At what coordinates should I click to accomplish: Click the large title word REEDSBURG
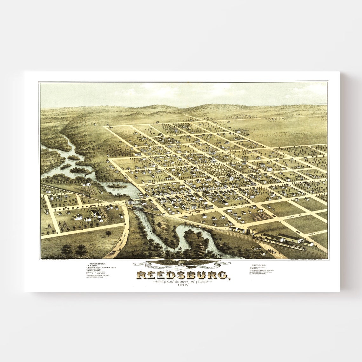coord(182,275)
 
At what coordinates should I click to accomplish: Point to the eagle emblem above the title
coord(182,263)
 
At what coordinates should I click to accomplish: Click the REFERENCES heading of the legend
coord(97,264)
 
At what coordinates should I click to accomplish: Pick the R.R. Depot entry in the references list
coord(94,266)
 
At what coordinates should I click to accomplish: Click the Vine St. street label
coord(235,207)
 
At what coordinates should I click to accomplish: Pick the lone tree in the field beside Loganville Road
coord(108,234)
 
